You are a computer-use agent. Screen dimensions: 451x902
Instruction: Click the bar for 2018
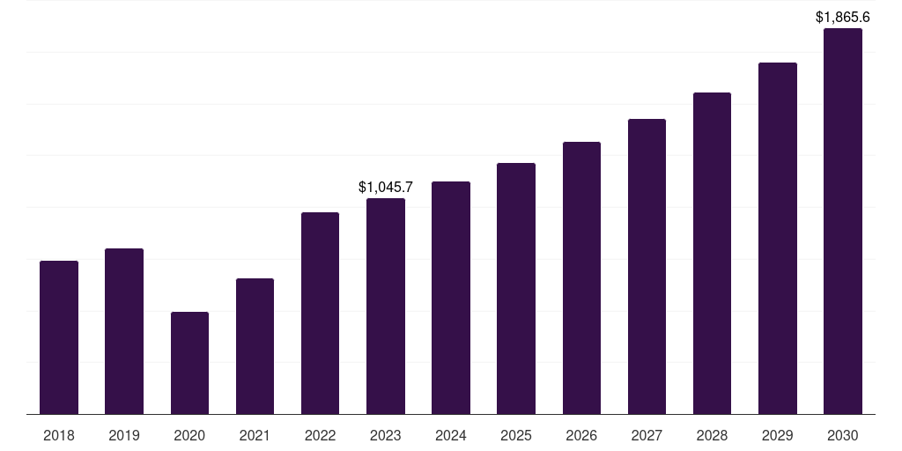click(59, 337)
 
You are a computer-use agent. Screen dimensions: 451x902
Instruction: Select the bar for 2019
click(124, 331)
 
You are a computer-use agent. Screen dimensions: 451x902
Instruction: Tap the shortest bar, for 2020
click(189, 363)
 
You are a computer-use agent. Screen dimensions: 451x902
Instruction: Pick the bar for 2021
click(255, 346)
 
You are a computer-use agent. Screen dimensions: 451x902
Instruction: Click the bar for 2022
click(320, 313)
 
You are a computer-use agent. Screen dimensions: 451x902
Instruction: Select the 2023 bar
click(386, 306)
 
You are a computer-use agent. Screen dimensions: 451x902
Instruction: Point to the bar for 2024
click(451, 298)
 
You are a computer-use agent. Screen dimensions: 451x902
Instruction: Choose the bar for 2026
click(581, 277)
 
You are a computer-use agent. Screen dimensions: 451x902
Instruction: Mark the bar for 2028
click(712, 253)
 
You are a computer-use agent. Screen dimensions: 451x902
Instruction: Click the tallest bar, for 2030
click(843, 221)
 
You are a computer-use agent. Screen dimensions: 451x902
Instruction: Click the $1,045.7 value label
click(386, 187)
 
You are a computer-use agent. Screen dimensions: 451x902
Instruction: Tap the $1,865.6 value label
click(843, 17)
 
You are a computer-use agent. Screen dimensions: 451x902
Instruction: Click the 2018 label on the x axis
click(59, 435)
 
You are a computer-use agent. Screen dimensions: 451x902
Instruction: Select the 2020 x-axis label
click(189, 435)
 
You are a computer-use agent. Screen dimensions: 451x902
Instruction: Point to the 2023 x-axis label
click(386, 435)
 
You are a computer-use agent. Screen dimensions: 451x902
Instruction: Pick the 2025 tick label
click(516, 435)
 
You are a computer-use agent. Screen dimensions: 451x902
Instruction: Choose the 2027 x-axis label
click(647, 435)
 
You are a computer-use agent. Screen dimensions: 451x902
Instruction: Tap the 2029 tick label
click(778, 435)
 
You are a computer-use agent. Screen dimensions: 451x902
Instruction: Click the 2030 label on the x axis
click(843, 435)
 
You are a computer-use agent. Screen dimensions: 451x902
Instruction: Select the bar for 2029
click(778, 238)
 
